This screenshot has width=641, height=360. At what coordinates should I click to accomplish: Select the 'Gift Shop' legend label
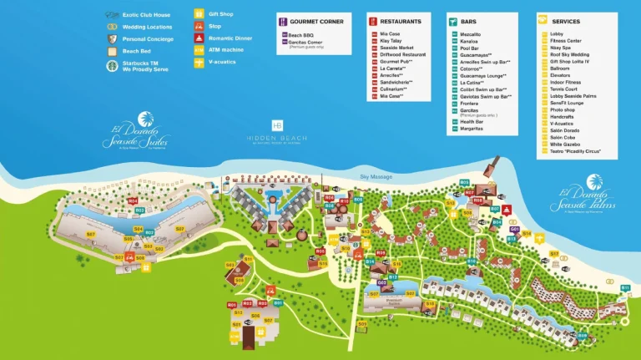point(221,14)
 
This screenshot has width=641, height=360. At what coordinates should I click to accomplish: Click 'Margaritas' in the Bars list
point(473,129)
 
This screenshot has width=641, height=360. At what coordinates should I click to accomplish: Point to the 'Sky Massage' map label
point(376,177)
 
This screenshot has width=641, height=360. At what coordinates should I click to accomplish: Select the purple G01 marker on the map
point(515,229)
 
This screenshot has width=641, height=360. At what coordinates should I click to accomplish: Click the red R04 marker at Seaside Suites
point(133,201)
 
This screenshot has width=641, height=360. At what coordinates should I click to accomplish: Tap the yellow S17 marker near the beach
point(553,253)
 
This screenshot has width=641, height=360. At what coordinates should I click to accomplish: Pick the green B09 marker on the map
point(582,335)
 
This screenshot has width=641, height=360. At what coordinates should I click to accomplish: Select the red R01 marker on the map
point(231,305)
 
